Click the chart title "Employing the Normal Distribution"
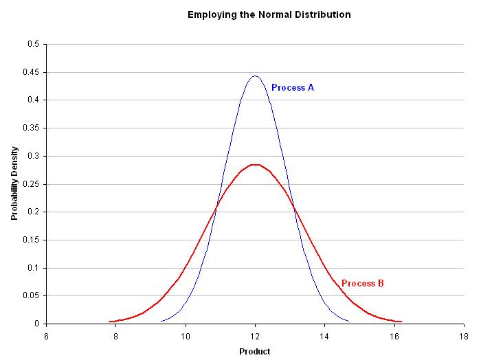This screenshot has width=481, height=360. (269, 14)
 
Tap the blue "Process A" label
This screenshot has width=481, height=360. (293, 88)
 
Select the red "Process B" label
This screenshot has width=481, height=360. (363, 283)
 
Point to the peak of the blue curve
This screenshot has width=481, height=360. (255, 76)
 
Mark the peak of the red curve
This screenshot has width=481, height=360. (255, 165)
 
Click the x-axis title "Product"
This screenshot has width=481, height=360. (255, 352)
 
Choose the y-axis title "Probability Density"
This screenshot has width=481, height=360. (14, 183)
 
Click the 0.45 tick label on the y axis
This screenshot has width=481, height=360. (31, 72)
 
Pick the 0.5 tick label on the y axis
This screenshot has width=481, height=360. (34, 44)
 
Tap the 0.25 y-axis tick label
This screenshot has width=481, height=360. (31, 184)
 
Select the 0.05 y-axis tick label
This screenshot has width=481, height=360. (31, 296)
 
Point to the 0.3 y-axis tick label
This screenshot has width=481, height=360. (34, 156)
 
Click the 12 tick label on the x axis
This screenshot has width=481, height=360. (255, 337)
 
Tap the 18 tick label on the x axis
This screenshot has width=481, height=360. (464, 337)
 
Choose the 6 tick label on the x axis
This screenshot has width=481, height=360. (46, 337)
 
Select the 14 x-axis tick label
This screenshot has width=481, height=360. (324, 337)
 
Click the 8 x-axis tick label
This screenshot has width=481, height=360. (115, 337)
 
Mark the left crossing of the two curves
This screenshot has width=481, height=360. (216, 207)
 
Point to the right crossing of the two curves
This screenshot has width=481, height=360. (294, 208)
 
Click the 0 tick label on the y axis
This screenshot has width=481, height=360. (37, 324)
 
